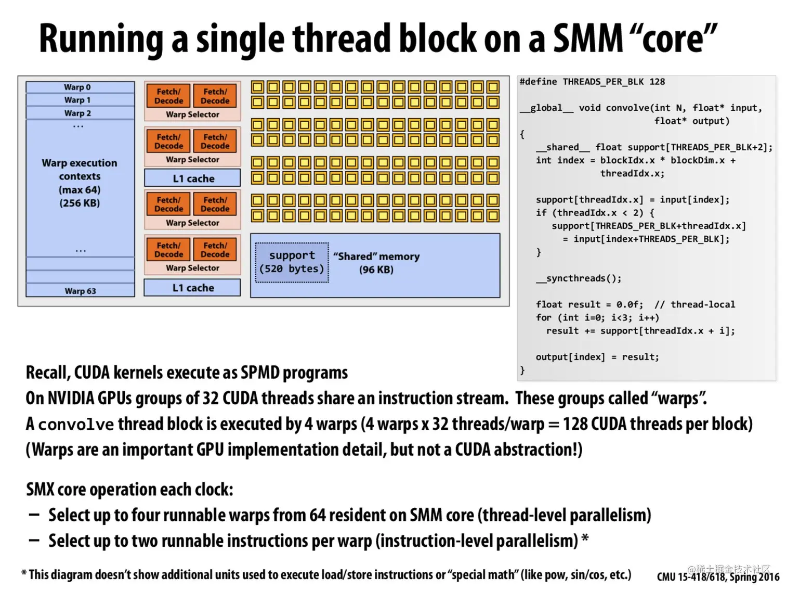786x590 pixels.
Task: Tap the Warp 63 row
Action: coord(80,291)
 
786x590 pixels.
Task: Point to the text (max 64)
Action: coord(80,190)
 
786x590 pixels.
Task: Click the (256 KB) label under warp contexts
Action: coord(80,203)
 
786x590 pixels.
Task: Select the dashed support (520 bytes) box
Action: coord(292,262)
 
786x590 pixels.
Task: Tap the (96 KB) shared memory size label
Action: coord(376,270)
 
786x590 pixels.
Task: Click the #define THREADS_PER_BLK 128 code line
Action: coord(592,82)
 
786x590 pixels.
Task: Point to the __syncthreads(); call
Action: coord(579,278)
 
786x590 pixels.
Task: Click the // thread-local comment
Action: coord(695,304)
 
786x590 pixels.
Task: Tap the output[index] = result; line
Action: coord(597,357)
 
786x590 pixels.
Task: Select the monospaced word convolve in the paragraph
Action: coord(76,425)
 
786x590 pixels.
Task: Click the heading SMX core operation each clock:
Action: coord(129,490)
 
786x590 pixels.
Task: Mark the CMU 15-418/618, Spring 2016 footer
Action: coord(718,576)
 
